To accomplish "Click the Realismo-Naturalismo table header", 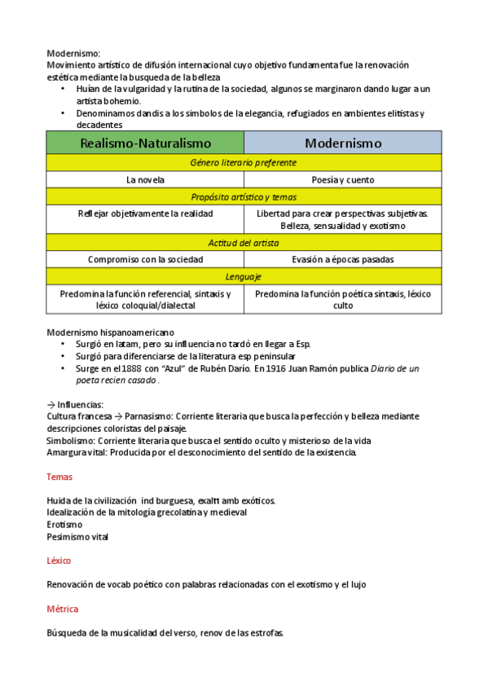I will coord(145,143).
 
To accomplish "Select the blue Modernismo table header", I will coord(343,143).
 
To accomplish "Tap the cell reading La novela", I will coord(145,179).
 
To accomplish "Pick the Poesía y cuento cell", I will coord(343,179).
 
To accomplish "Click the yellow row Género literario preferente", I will coord(244,162).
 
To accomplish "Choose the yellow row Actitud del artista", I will coord(244,243).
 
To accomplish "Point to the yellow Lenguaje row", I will coord(244,276).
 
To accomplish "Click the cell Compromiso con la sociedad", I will coord(145,259).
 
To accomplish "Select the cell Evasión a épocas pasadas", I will coord(343,259).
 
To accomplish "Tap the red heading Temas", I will coord(59,477).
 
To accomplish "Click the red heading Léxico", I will coord(59,561).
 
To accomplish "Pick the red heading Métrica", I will coord(62,609).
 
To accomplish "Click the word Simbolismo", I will coord(71,440).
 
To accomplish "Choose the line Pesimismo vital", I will coord(77,537).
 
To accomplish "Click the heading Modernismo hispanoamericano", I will coord(110,332).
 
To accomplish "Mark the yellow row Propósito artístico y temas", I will coord(244,196).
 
